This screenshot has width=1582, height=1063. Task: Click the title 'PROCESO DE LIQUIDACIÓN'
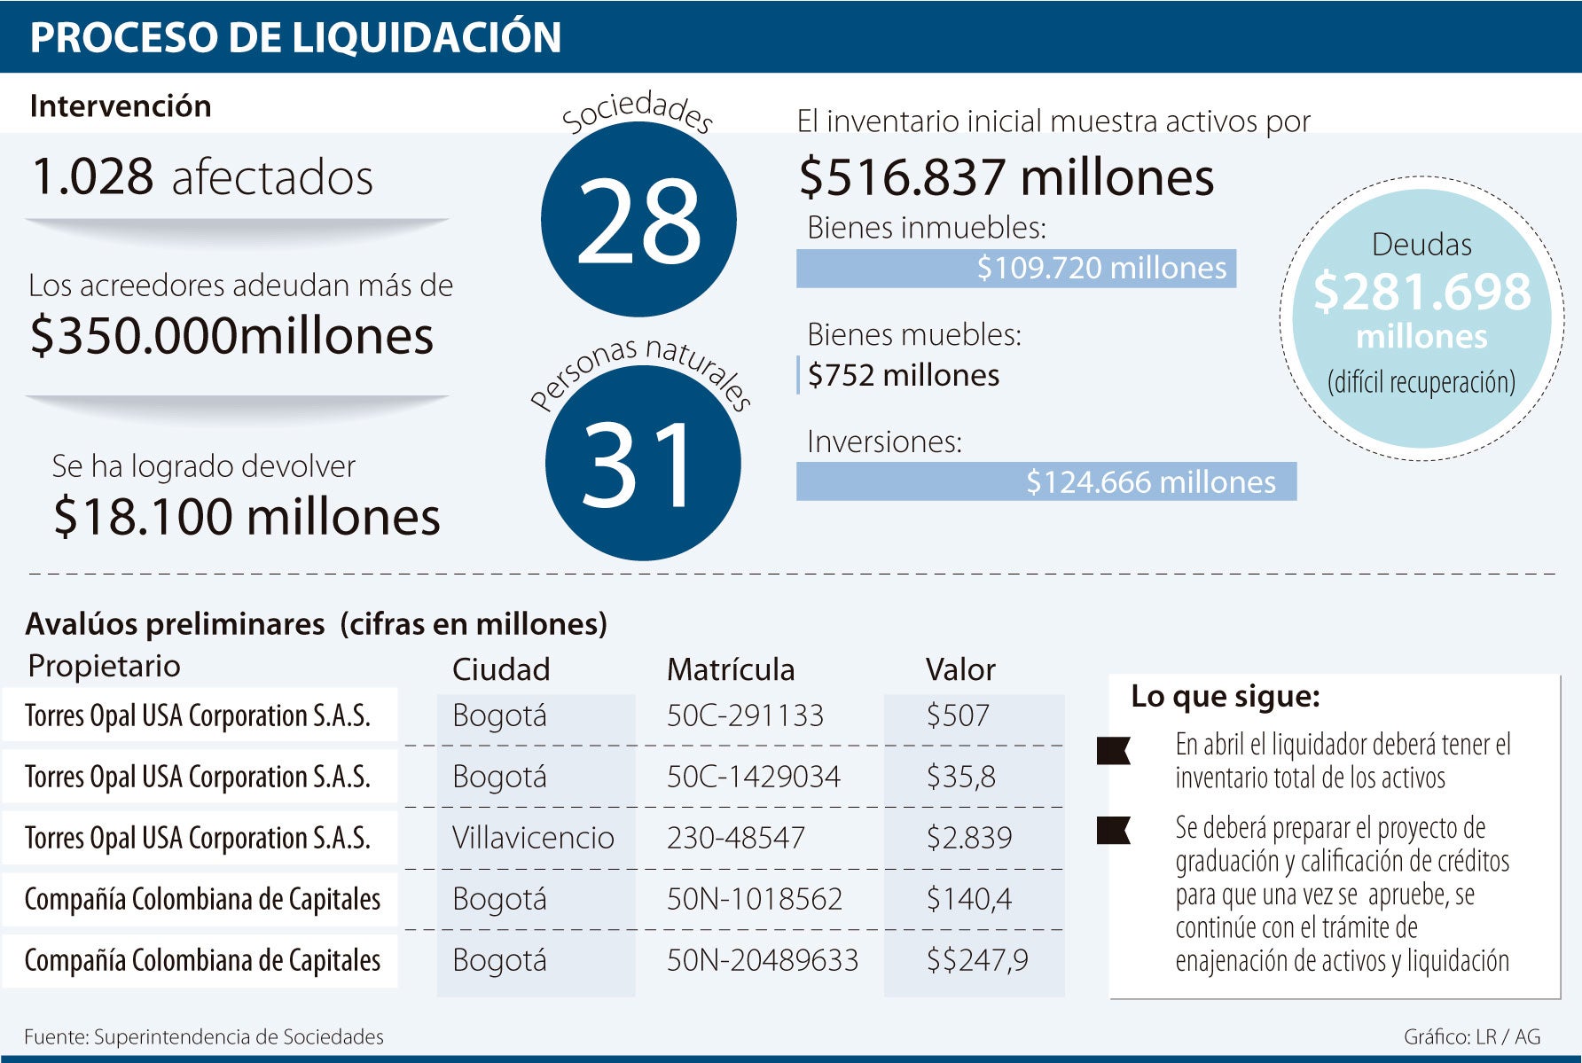pyautogui.click(x=295, y=37)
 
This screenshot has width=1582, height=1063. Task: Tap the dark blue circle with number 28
pyautogui.click(x=638, y=219)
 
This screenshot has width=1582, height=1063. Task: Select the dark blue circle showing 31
pyautogui.click(x=643, y=463)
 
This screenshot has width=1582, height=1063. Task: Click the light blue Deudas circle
pyautogui.click(x=1421, y=318)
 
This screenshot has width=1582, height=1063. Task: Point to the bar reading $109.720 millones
pyautogui.click(x=1015, y=268)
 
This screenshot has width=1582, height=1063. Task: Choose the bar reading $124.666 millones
pyautogui.click(x=1046, y=481)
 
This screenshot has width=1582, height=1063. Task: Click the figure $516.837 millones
pyautogui.click(x=1006, y=176)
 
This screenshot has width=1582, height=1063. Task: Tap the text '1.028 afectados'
pyautogui.click(x=202, y=176)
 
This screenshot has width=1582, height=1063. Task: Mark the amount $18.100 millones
pyautogui.click(x=247, y=517)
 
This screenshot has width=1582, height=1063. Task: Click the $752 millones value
pyautogui.click(x=903, y=375)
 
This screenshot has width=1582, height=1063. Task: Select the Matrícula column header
pyautogui.click(x=730, y=669)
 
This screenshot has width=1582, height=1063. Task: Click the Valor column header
pyautogui.click(x=960, y=669)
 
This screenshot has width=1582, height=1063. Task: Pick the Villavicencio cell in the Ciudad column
pyautogui.click(x=533, y=837)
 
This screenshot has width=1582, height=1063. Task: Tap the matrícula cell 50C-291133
pyautogui.click(x=745, y=715)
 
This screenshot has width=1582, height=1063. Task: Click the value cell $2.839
pyautogui.click(x=968, y=837)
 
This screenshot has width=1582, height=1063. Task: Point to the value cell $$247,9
pyautogui.click(x=976, y=960)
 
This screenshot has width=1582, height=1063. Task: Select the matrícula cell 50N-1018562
pyautogui.click(x=754, y=899)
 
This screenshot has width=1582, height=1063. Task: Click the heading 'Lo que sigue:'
pyautogui.click(x=1225, y=697)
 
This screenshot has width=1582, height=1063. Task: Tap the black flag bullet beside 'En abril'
pyautogui.click(x=1113, y=750)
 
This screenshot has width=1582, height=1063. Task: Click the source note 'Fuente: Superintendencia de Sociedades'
pyautogui.click(x=204, y=1036)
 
